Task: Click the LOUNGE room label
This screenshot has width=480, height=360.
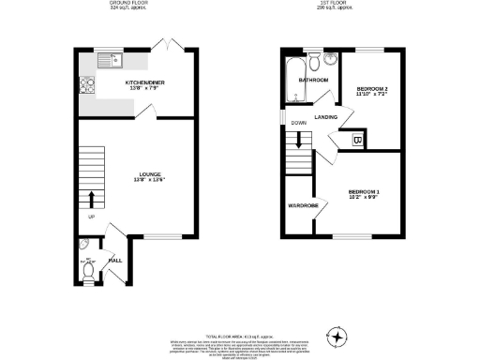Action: pos(140,173)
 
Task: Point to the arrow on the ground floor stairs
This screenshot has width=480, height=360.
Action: pos(92,200)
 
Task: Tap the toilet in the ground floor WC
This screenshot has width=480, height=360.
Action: pos(88,271)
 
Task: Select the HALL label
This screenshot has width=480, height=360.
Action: pos(116,260)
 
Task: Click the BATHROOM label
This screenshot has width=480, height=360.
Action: pos(313,81)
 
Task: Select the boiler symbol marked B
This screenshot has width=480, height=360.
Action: pos(357,140)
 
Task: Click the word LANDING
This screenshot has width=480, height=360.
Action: pos(326,117)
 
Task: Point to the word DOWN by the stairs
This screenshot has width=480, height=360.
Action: pos(299,123)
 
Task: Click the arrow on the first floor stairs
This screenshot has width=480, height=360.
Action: pos(299,142)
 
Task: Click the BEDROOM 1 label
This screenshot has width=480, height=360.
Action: pos(370,194)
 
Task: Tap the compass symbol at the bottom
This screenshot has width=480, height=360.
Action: pos(337,333)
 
